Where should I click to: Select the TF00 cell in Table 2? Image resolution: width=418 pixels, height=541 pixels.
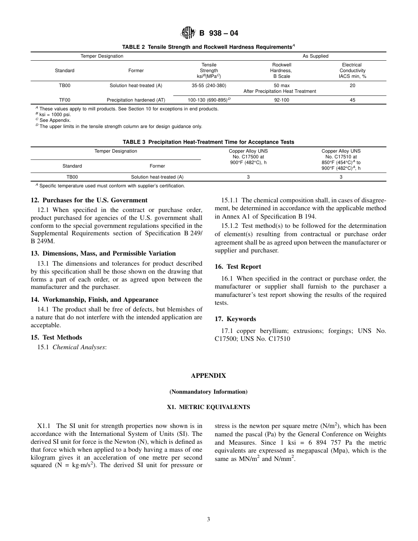click(x=65, y=100)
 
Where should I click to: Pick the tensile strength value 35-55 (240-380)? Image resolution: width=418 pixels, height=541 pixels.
click(x=209, y=85)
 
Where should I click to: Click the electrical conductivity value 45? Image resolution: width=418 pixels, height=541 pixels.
click(x=352, y=100)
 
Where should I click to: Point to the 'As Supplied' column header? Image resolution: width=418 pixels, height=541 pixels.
click(x=315, y=56)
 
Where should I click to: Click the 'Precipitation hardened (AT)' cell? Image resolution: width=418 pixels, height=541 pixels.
click(x=136, y=100)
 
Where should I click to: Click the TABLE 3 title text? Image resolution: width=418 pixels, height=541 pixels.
click(x=208, y=142)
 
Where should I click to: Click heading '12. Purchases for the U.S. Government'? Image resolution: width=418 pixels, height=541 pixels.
click(x=89, y=200)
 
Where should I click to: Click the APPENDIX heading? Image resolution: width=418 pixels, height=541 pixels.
click(x=208, y=376)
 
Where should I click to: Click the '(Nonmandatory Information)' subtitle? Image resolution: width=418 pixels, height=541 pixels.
click(x=208, y=391)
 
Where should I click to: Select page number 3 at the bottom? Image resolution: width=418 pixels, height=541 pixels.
click(x=209, y=519)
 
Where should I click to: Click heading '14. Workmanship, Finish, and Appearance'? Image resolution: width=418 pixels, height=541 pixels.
click(x=95, y=300)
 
